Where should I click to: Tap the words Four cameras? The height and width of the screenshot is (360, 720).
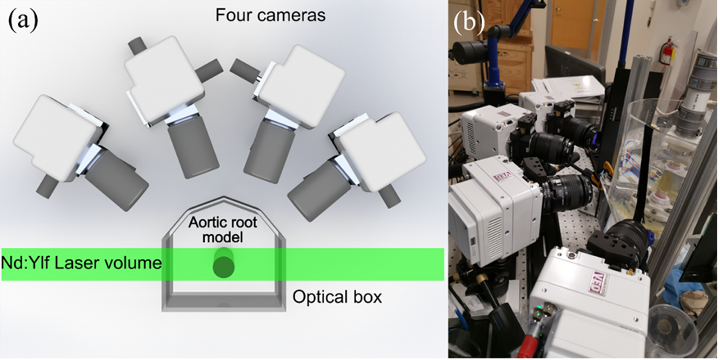click(270, 15)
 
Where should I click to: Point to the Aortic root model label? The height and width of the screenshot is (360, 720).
click(223, 229)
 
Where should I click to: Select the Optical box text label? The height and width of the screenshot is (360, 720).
click(337, 297)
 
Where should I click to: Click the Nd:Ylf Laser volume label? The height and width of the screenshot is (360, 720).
click(82, 264)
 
